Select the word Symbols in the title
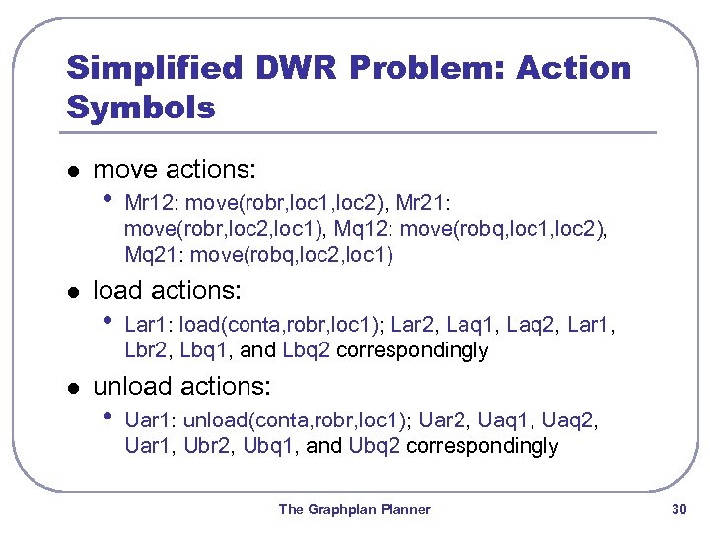pyautogui.click(x=140, y=107)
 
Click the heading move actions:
pyautogui.click(x=174, y=170)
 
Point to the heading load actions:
pyautogui.click(x=168, y=291)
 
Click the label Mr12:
pyautogui.click(x=153, y=204)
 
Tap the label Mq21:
pyautogui.click(x=150, y=256)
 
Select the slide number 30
pyautogui.click(x=678, y=510)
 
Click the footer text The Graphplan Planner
pyautogui.click(x=355, y=510)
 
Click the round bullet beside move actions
pyautogui.click(x=71, y=171)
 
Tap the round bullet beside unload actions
pyautogui.click(x=71, y=387)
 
